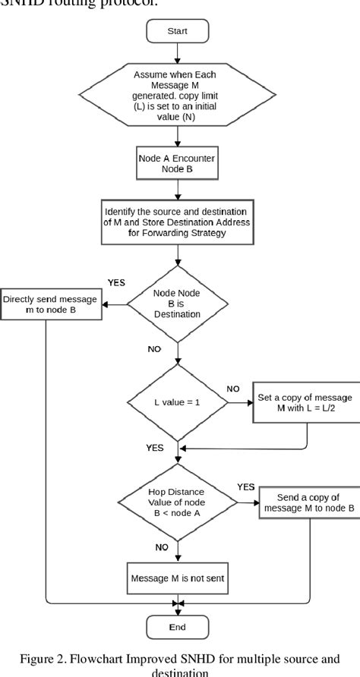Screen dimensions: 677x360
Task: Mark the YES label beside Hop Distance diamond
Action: coord(245,486)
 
